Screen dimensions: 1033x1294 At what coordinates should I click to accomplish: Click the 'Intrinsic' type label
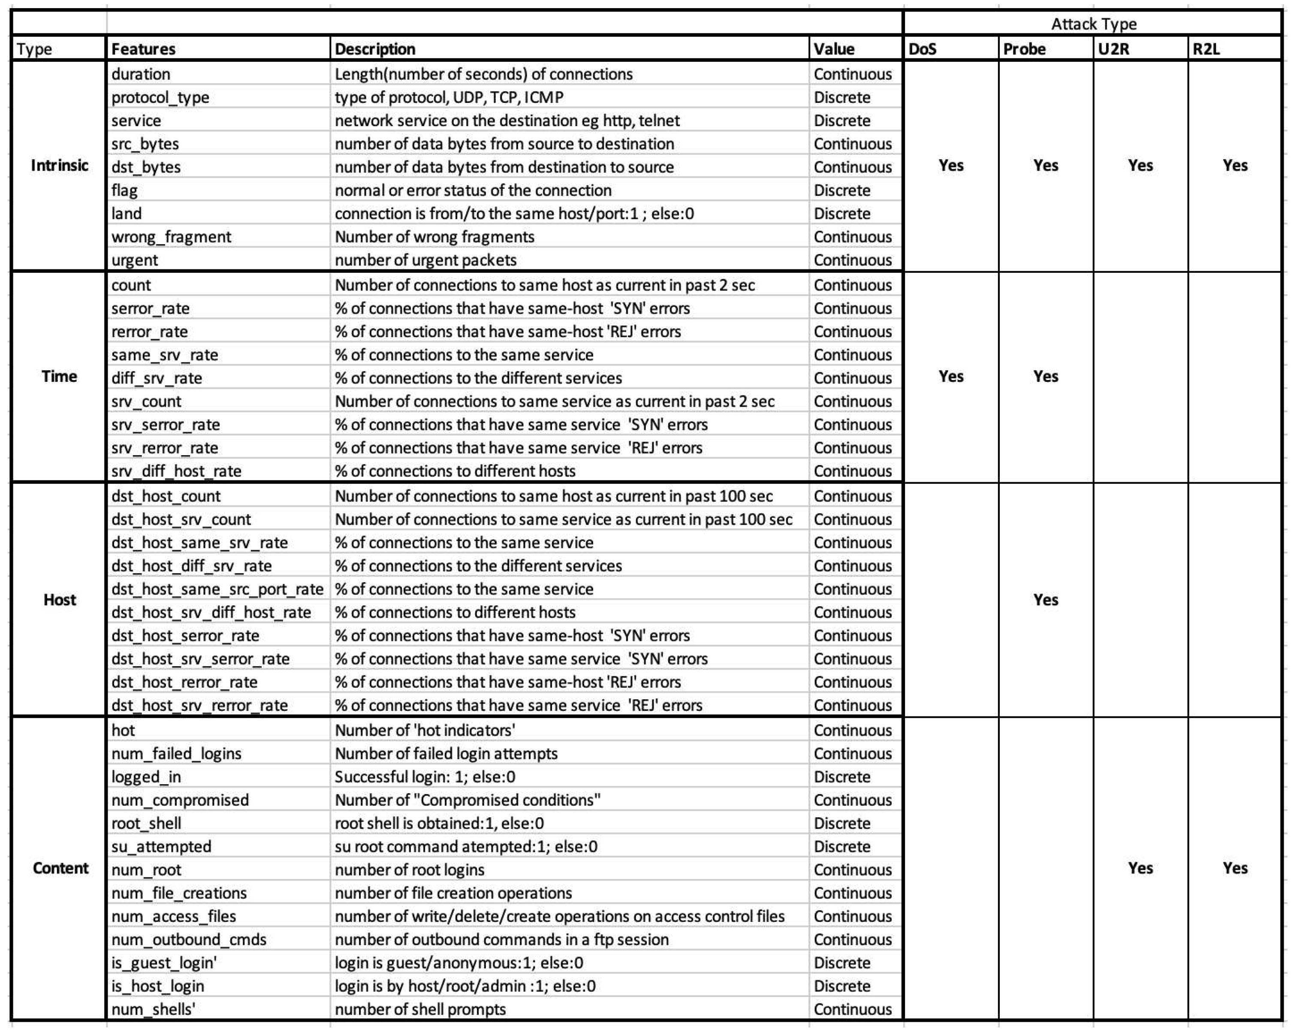(60, 166)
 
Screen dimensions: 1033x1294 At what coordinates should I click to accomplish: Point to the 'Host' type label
(60, 600)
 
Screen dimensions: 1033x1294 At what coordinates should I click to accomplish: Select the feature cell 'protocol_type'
(160, 97)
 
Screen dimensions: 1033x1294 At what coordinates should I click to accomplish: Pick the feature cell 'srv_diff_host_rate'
(176, 471)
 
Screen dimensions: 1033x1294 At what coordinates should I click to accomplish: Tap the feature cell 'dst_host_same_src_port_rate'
(217, 589)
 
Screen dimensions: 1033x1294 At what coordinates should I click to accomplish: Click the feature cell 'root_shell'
(146, 823)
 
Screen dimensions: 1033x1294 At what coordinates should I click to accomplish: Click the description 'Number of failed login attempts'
(446, 753)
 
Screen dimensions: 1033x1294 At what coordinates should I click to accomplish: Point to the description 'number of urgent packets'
(425, 260)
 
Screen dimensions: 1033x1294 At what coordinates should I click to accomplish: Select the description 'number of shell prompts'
(420, 1009)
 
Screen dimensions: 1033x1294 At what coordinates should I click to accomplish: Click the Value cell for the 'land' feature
(842, 214)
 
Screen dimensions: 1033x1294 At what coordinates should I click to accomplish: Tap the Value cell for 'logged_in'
(842, 777)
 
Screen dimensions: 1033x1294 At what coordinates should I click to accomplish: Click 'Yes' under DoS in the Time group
(951, 376)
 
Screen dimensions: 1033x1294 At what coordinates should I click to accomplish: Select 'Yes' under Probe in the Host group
(1046, 600)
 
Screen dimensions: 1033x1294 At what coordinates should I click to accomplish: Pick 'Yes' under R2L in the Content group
(1234, 868)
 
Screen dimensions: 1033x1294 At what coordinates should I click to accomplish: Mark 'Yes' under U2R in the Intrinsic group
(1140, 166)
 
